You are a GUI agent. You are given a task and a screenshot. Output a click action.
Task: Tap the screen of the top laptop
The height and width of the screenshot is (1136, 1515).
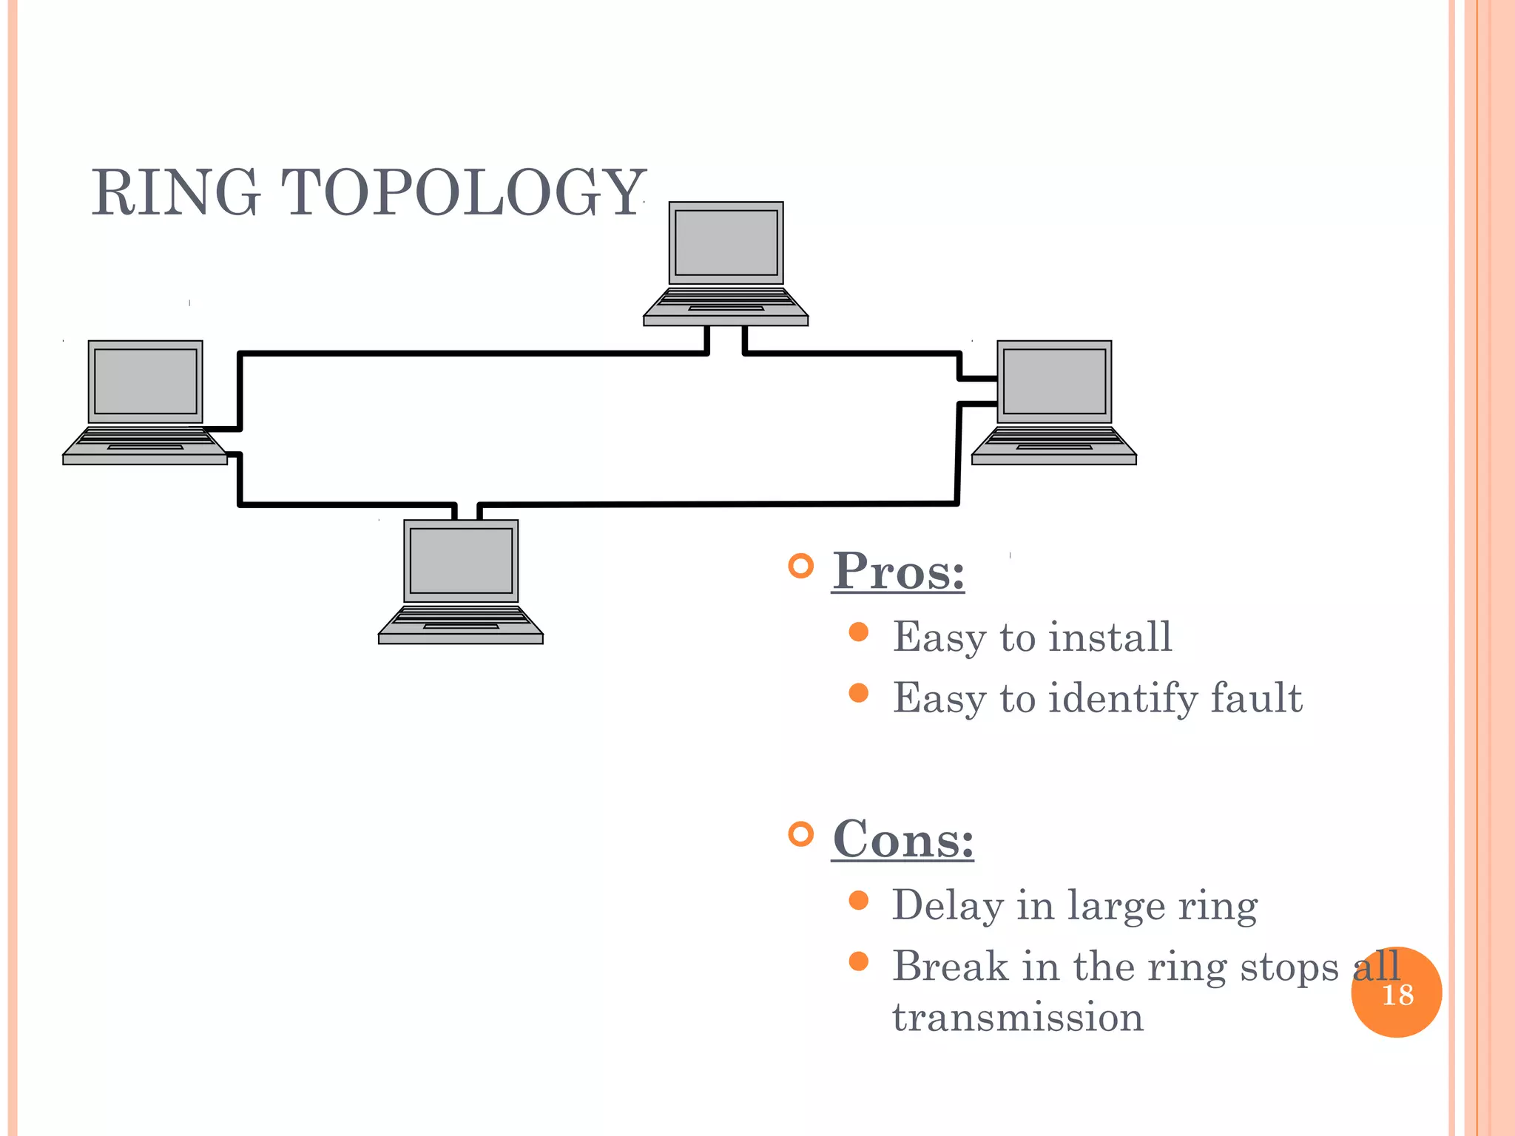click(726, 243)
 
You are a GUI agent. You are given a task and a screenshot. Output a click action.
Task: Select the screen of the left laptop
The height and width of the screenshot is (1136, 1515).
click(146, 382)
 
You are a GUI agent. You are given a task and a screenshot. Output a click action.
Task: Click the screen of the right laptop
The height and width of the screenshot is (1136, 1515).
click(1054, 382)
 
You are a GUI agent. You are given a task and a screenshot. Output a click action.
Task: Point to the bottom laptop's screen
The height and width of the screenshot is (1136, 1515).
click(461, 561)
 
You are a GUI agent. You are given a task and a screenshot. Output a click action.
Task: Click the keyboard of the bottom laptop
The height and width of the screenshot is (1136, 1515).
click(461, 618)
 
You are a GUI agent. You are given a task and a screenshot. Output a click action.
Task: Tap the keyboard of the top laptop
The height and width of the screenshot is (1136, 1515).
click(726, 300)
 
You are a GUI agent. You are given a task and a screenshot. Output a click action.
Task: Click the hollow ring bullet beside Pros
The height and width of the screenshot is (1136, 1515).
click(800, 567)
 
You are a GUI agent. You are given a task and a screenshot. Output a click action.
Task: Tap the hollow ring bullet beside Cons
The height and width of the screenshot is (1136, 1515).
click(800, 834)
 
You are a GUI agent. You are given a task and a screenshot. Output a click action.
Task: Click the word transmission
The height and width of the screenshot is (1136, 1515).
click(1018, 1017)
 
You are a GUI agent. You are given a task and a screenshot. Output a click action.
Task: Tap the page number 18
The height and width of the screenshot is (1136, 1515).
click(1397, 995)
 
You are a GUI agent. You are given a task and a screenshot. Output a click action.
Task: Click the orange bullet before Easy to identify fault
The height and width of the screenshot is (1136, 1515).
click(858, 693)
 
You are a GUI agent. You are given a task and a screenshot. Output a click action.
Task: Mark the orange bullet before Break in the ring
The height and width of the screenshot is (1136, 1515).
click(858, 961)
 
